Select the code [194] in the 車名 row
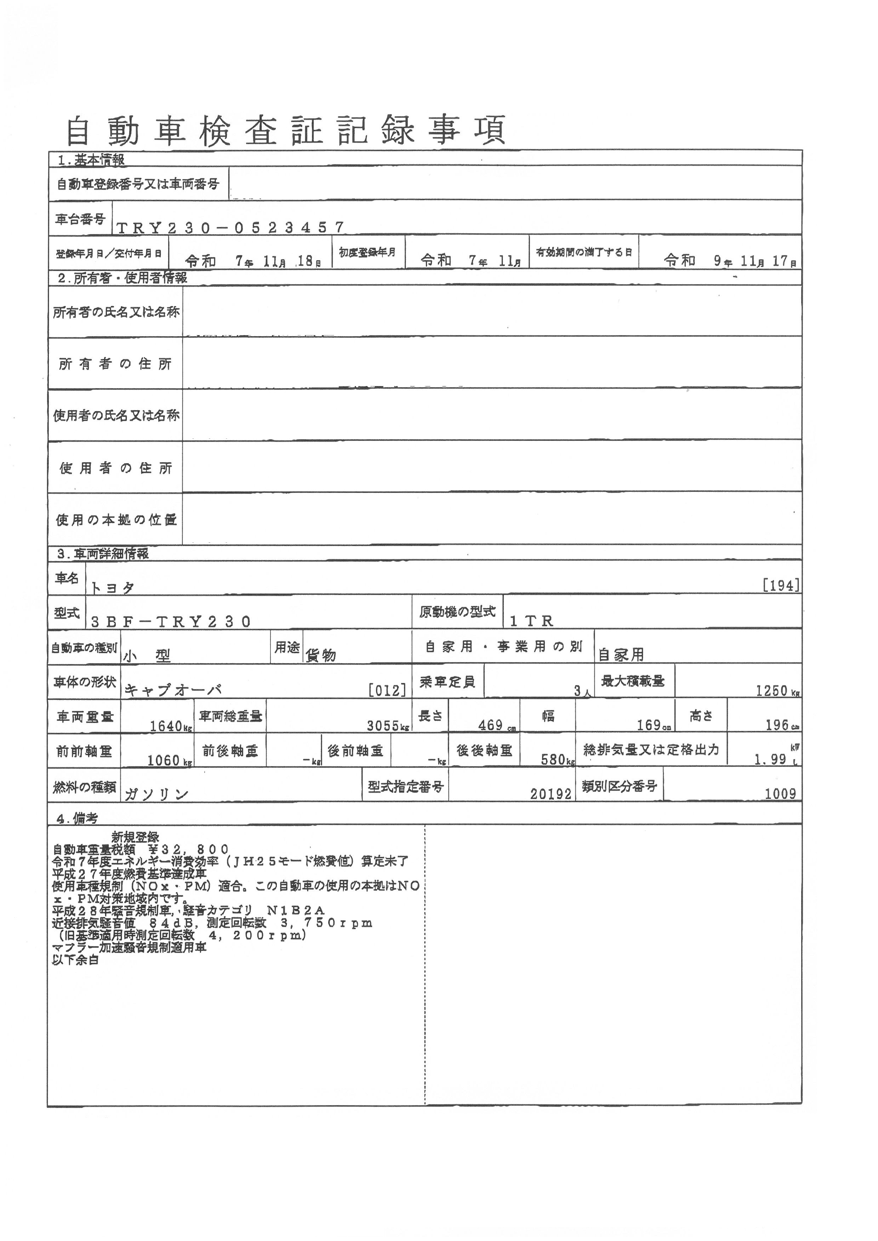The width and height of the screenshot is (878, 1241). pos(781,585)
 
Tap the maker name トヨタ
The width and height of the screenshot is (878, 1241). pos(113,587)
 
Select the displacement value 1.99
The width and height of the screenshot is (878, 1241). pos(770,759)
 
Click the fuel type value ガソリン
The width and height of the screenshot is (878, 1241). pos(156,794)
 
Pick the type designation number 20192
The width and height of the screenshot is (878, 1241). pos(551,793)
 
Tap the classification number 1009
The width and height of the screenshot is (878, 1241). pos(780,793)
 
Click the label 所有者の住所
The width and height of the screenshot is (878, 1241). pos(115,364)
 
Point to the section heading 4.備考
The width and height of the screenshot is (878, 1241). pos(77,818)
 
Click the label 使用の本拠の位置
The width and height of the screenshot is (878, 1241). pos(116,520)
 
